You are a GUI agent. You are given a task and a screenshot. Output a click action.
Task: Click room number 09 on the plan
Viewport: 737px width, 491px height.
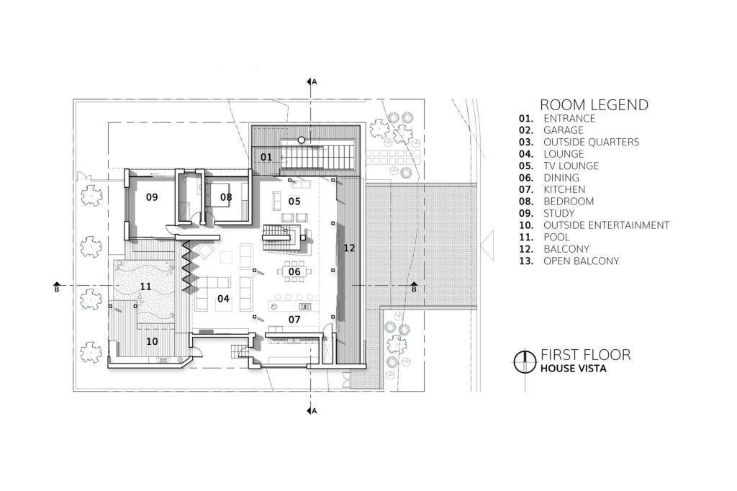click(x=152, y=197)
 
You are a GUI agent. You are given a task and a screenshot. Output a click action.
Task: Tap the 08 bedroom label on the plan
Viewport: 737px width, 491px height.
click(x=226, y=197)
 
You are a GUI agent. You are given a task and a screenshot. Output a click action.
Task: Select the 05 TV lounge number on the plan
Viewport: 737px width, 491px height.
click(x=294, y=202)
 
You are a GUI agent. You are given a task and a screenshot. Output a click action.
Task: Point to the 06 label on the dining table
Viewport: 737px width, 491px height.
click(x=294, y=271)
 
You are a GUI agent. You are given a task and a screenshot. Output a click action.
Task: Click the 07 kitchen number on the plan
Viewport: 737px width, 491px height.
click(x=294, y=320)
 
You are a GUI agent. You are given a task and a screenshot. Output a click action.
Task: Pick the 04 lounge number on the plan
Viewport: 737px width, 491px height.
click(x=223, y=298)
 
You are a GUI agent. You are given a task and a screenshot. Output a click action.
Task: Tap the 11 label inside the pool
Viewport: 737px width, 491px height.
click(x=145, y=286)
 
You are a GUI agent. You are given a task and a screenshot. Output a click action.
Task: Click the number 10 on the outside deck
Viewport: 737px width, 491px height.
click(x=152, y=341)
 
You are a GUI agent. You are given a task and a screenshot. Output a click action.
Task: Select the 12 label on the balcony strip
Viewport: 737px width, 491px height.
click(x=349, y=248)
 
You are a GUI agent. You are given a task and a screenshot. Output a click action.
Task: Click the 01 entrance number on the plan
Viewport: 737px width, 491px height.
click(x=266, y=157)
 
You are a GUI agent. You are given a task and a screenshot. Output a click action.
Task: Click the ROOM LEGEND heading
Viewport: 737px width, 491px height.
click(x=594, y=104)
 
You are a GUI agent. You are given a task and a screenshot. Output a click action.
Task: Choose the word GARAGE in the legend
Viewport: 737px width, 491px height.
click(x=563, y=130)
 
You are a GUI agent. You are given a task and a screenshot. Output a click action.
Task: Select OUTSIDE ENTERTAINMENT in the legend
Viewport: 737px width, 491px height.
click(x=606, y=225)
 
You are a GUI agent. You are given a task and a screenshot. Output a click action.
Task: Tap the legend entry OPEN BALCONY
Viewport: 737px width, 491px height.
click(x=582, y=261)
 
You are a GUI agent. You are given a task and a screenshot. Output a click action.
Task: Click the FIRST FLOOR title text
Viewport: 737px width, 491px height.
click(x=586, y=355)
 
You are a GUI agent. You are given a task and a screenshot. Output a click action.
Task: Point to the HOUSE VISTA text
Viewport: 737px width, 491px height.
click(x=574, y=369)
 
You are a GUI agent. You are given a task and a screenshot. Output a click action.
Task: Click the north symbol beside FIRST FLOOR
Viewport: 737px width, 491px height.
click(x=525, y=361)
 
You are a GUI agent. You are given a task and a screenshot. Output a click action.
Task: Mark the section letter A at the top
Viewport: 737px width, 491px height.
click(x=315, y=82)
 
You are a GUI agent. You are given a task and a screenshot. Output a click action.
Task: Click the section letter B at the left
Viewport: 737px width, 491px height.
click(x=57, y=289)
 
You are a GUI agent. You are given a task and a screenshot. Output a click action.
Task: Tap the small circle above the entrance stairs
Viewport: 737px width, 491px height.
click(x=302, y=140)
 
